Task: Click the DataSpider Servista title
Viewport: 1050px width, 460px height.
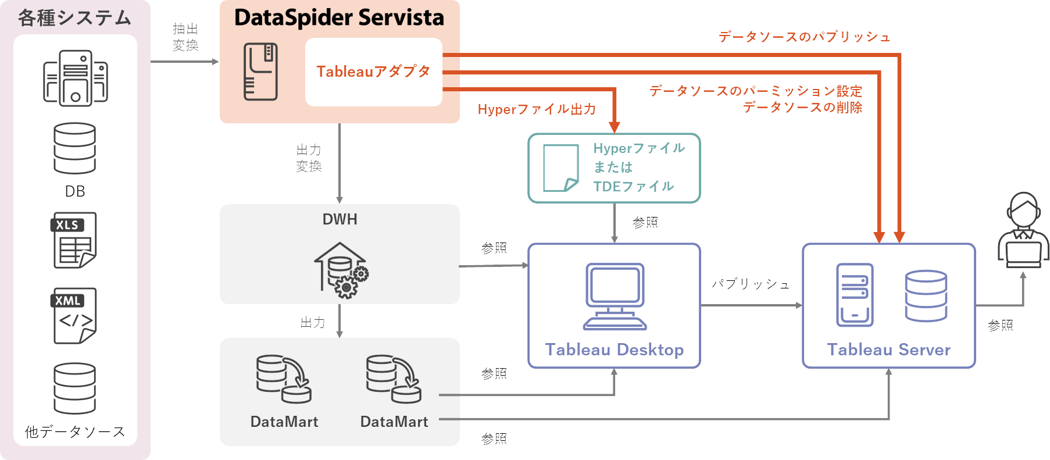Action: [x=339, y=18]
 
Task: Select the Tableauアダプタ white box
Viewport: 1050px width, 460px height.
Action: [x=373, y=72]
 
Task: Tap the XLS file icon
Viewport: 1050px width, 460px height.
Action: [x=74, y=240]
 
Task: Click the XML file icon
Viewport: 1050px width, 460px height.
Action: [x=74, y=315]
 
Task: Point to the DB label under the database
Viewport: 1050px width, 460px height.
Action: [x=75, y=191]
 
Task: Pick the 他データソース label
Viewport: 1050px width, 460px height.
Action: [x=75, y=432]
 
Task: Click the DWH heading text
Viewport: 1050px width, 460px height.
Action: [x=340, y=219]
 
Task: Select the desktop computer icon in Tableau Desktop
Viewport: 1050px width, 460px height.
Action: [x=615, y=296]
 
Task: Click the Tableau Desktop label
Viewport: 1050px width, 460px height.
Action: [x=614, y=350]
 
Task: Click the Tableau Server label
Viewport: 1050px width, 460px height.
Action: [x=888, y=350]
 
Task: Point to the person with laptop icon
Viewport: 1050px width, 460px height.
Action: [x=1023, y=230]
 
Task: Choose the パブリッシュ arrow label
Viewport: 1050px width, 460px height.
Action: [x=751, y=284]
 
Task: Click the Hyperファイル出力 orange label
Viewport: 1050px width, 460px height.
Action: [x=536, y=109]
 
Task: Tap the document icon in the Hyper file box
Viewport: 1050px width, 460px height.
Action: [x=560, y=168]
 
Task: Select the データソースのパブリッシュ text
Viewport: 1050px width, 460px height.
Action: [x=804, y=37]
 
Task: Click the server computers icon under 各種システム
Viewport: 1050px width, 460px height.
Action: [x=75, y=78]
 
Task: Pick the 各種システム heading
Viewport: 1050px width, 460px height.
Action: [x=74, y=18]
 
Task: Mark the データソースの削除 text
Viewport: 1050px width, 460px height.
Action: [x=802, y=108]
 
